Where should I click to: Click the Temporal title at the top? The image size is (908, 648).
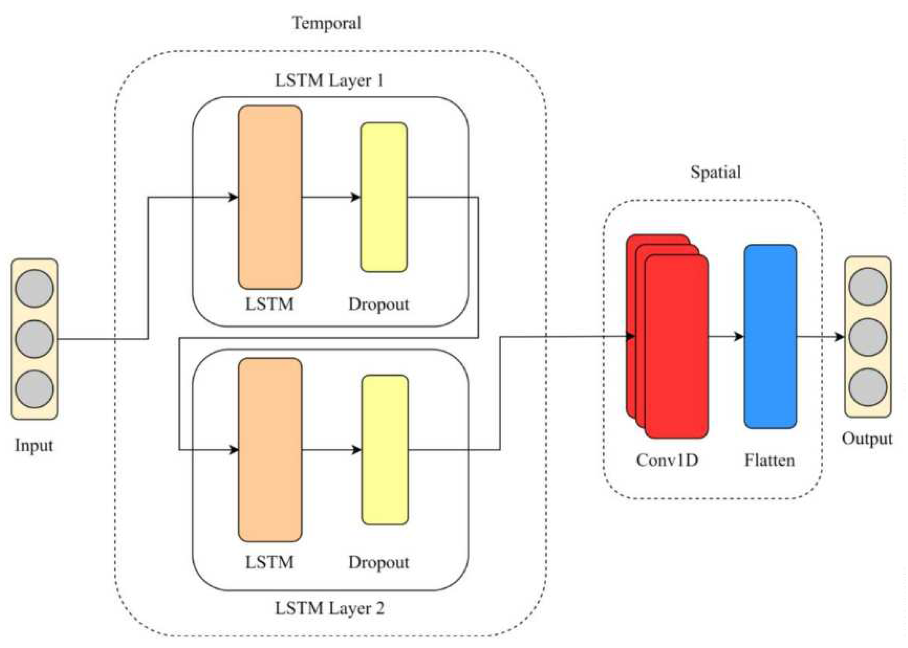327,23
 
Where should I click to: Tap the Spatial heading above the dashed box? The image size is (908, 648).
715,173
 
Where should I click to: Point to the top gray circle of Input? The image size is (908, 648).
34,288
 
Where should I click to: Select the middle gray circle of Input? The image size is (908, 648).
34,339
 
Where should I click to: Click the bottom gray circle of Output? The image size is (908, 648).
868,387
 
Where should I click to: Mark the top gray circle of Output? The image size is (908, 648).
868,287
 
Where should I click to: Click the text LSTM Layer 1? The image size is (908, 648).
329,80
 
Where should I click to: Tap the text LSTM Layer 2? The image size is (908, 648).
330,609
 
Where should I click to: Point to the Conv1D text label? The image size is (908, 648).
667,460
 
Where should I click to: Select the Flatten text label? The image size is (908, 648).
769,460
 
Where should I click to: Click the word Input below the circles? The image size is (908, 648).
34,445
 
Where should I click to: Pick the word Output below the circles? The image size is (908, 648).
867,439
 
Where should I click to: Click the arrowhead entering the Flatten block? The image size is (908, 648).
739,336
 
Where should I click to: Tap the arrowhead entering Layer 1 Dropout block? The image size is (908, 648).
356,197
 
